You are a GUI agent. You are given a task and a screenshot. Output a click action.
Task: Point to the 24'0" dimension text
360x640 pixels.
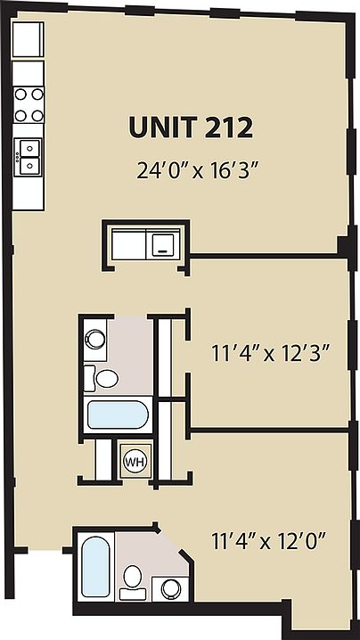pyautogui.click(x=160, y=170)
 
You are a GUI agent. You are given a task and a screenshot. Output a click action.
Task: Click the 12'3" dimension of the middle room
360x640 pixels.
pyautogui.click(x=307, y=350)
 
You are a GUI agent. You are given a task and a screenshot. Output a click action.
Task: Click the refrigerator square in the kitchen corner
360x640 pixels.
pyautogui.click(x=28, y=40)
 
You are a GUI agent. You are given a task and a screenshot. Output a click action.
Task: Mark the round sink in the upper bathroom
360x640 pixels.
pyautogui.click(x=95, y=338)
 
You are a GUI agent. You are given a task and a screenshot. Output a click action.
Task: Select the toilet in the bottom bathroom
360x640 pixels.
pyautogui.click(x=133, y=577)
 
